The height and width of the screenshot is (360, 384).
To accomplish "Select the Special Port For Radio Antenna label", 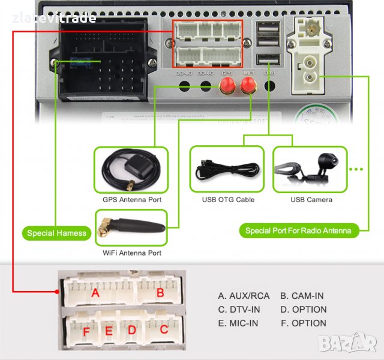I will pyautogui.click(x=299, y=230).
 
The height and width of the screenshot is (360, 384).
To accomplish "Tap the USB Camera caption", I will pyautogui.click(x=311, y=200).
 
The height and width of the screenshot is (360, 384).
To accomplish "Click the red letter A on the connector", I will pyautogui.click(x=95, y=293).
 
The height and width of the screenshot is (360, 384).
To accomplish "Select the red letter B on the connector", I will pyautogui.click(x=160, y=293).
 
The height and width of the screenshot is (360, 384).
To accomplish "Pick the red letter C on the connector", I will pyautogui.click(x=164, y=329).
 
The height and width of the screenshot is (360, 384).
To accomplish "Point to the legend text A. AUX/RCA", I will pyautogui.click(x=244, y=296).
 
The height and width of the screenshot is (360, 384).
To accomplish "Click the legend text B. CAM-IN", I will pyautogui.click(x=302, y=296).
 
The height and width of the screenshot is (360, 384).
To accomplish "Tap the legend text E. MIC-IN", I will pyautogui.click(x=239, y=323).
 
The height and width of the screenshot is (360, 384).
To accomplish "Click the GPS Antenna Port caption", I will pyautogui.click(x=131, y=200).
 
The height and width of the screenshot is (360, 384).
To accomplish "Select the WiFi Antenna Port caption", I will pyautogui.click(x=131, y=253).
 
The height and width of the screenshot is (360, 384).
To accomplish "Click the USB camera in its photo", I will pyautogui.click(x=325, y=163).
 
